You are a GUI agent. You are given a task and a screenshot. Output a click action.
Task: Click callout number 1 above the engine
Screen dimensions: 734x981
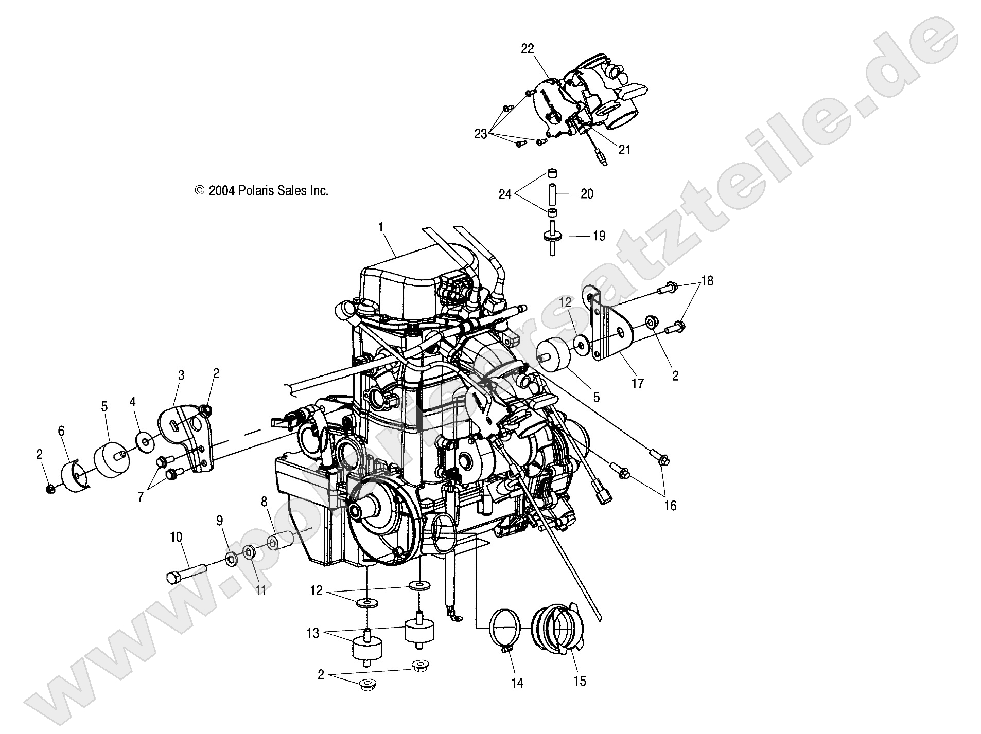(380, 227)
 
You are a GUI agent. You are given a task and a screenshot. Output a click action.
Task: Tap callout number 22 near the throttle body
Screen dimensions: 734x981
(528, 49)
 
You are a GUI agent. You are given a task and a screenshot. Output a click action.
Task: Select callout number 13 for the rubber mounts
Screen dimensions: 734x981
(313, 633)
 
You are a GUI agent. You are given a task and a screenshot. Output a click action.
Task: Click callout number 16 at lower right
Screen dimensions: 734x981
(670, 506)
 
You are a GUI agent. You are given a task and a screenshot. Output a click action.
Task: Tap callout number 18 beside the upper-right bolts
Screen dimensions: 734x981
(708, 281)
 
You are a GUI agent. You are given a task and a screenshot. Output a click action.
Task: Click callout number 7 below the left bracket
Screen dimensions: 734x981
(141, 497)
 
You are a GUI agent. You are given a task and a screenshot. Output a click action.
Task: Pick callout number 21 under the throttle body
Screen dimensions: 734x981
(624, 150)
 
